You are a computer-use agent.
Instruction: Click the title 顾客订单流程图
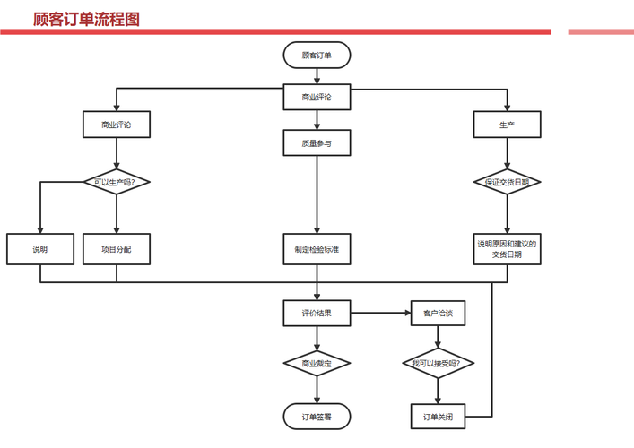tap(86, 19)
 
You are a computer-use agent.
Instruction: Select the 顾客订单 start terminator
tap(317, 56)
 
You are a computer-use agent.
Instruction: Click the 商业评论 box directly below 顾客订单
tap(317, 97)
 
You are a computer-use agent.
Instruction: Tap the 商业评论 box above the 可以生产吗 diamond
tap(116, 125)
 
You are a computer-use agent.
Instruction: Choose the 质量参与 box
tap(317, 142)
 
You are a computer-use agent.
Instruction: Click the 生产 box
tap(508, 125)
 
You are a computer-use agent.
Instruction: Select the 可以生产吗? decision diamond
tap(116, 182)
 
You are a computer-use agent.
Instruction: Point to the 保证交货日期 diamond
tap(508, 182)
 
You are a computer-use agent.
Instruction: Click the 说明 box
tap(40, 249)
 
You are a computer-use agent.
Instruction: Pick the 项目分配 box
tap(116, 249)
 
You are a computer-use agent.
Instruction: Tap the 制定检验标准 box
tap(317, 249)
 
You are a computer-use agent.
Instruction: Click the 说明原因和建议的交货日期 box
tap(508, 249)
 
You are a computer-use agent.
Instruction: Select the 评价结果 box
tap(317, 314)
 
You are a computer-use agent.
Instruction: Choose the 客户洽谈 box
tap(438, 314)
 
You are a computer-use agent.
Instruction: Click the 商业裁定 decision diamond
tap(317, 364)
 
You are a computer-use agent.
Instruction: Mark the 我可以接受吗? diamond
tap(438, 364)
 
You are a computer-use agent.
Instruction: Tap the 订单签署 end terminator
tap(317, 417)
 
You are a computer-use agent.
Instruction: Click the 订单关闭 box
tap(438, 417)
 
